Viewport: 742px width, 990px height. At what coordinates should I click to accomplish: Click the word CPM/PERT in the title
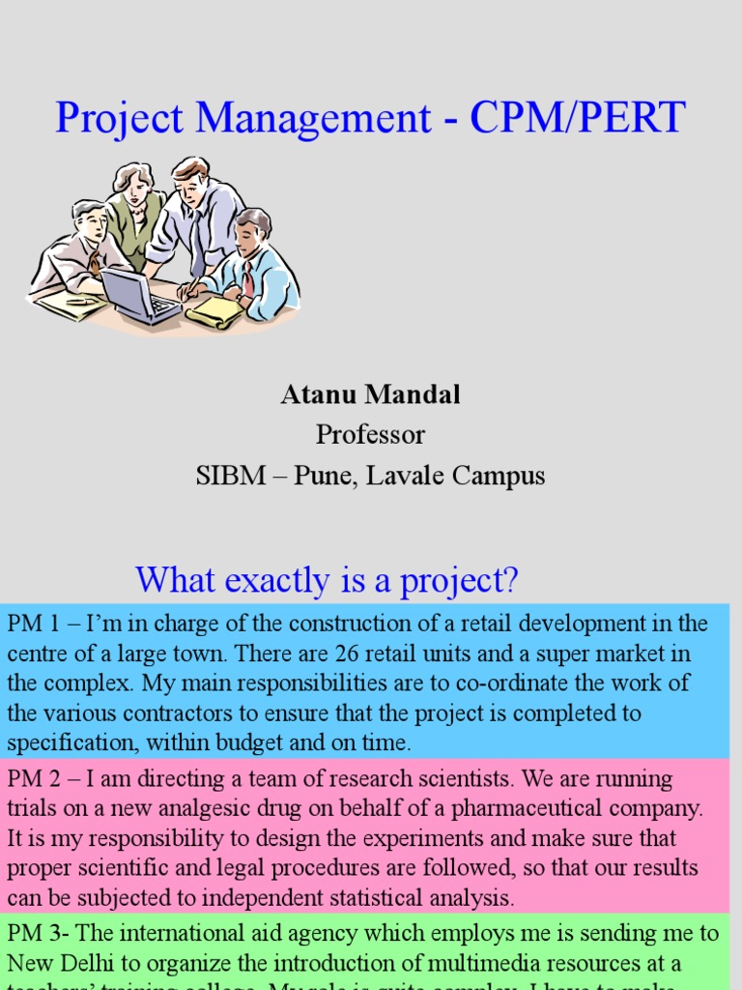tap(579, 118)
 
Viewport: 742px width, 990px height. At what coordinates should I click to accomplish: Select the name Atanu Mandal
tap(370, 394)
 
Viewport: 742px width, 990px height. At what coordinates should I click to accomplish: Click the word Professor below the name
tap(371, 434)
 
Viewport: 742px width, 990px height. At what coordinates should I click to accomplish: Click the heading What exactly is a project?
tap(328, 580)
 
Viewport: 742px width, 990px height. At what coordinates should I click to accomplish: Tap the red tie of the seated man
tap(248, 278)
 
